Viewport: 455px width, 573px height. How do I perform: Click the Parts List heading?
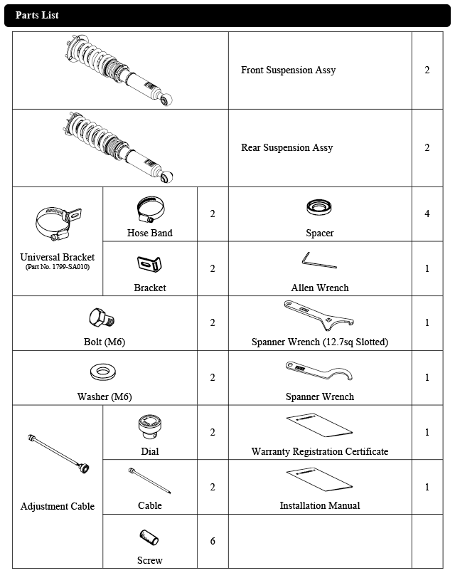37,15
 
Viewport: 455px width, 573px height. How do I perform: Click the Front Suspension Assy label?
288,70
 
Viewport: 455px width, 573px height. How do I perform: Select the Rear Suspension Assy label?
287,148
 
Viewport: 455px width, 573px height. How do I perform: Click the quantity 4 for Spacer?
427,214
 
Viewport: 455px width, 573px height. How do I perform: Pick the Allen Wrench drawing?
318,261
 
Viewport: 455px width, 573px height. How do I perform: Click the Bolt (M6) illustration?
101,317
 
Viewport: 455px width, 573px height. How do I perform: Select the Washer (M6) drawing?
104,373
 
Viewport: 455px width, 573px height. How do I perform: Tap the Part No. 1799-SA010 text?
58,267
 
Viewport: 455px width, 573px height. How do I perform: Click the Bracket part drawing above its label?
149,264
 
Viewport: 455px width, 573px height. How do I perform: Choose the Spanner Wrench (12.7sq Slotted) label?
320,342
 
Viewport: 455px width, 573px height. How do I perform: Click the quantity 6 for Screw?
213,542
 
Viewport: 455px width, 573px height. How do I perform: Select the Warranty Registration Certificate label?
320,451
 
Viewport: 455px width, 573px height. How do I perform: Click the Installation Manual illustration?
320,478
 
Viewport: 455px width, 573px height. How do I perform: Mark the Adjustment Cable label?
58,507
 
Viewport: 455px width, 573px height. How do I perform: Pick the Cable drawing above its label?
150,480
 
